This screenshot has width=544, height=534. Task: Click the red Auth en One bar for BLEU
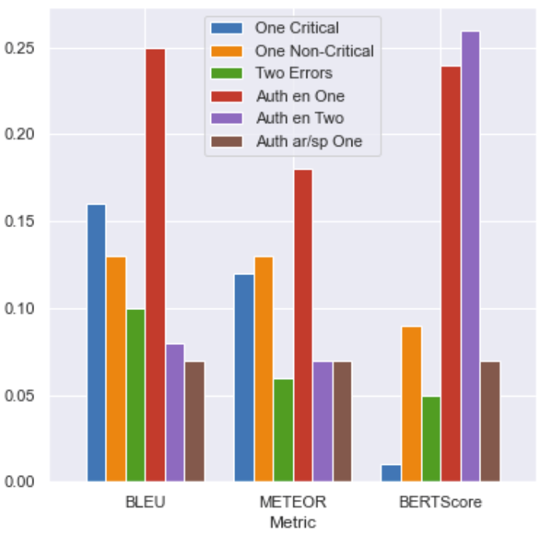coord(155,265)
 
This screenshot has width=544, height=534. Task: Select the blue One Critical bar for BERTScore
coord(391,473)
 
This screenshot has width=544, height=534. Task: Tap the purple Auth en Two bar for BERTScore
coord(471,257)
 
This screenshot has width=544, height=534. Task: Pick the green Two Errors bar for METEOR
coord(283,430)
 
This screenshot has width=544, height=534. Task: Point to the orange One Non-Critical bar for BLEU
coord(116,369)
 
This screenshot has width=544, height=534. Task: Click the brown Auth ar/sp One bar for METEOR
coord(342,422)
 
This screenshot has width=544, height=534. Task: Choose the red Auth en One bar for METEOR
coord(303,326)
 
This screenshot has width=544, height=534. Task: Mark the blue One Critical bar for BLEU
coord(96,343)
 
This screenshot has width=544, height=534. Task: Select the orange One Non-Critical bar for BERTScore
coord(412,404)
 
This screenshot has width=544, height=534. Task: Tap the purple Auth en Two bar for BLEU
coord(175,413)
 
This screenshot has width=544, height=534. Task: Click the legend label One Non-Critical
coord(314,51)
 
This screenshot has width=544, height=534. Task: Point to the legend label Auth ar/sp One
coord(310,141)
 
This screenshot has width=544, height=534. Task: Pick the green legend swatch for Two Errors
coord(227,74)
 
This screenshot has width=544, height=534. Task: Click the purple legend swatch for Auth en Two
coord(227,119)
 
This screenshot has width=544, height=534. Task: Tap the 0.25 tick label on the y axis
coord(19,48)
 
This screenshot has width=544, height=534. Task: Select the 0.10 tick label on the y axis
coord(19,308)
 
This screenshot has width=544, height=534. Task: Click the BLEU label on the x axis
coord(145,502)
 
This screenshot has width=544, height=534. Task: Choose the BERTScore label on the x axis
coord(441,502)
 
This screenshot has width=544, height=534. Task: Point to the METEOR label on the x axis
coord(293,502)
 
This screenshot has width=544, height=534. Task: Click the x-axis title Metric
coord(293,522)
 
